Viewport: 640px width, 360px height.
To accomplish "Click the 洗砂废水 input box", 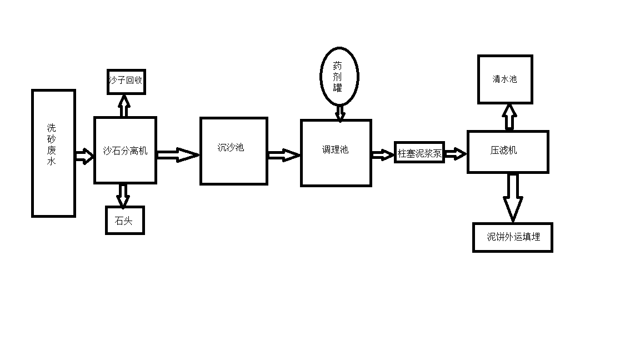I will (x=53, y=153).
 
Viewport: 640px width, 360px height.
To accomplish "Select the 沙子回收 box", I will (x=126, y=81).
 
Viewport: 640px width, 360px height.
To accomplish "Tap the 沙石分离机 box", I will (x=125, y=150).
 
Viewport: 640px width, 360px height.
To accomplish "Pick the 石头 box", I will (x=124, y=220).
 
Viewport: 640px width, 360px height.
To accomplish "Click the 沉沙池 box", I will (x=233, y=151).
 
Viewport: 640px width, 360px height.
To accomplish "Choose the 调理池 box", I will (x=336, y=153).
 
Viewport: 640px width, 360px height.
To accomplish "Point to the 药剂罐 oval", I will (x=339, y=77).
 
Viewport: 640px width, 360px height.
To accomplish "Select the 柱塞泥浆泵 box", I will (x=419, y=153).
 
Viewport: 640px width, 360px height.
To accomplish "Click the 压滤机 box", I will (x=507, y=151).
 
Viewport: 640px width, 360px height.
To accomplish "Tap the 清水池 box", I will (x=505, y=79).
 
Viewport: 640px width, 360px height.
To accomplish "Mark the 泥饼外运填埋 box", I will (x=512, y=237).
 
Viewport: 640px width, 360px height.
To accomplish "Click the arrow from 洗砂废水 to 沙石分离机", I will (x=84, y=156).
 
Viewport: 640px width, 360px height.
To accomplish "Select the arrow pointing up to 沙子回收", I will (x=124, y=106).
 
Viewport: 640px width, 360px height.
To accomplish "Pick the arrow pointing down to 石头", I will (x=123, y=196).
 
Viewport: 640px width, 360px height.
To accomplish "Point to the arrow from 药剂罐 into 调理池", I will (x=340, y=113).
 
